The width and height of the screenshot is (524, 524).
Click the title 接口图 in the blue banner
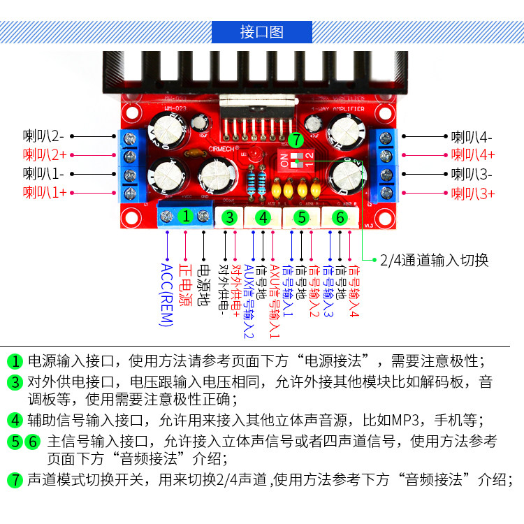click(x=262, y=32)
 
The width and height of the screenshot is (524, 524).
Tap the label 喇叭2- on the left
click(x=44, y=136)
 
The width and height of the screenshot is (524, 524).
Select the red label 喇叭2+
click(x=44, y=154)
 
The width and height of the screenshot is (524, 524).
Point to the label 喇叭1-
click(x=44, y=173)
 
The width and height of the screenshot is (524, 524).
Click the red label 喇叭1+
click(x=44, y=192)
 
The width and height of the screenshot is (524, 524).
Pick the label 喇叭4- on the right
click(x=472, y=138)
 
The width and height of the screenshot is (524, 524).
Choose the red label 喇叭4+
click(x=472, y=155)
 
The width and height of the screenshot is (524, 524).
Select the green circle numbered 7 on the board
click(x=295, y=139)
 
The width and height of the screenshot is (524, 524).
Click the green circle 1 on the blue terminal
click(x=185, y=216)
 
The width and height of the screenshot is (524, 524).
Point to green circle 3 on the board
click(x=229, y=217)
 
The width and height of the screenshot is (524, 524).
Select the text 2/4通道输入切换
click(x=434, y=261)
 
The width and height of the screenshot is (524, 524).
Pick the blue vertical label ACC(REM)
click(x=166, y=294)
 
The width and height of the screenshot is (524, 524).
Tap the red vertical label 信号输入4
click(x=354, y=290)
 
